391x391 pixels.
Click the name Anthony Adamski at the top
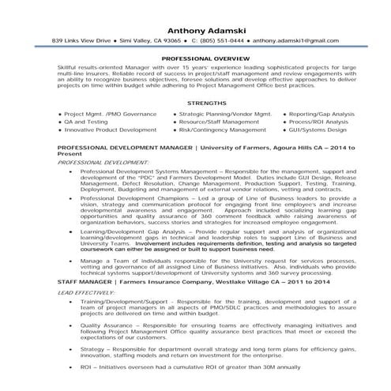(195, 24)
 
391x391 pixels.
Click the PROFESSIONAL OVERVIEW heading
(195, 58)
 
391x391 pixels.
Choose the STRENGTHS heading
(195, 103)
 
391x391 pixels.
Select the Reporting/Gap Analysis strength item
(321, 115)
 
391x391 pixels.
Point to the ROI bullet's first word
(86, 389)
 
